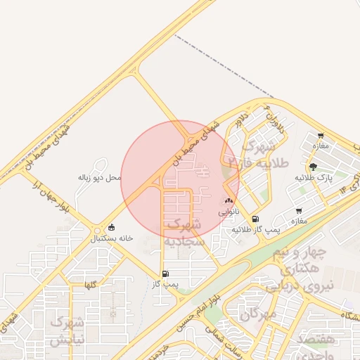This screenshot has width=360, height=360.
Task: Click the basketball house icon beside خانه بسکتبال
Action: [x=111, y=228]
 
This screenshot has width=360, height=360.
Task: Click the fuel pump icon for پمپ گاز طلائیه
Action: [x=255, y=219]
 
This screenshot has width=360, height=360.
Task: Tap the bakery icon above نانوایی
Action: [x=229, y=201]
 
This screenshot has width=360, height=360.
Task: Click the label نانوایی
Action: [x=229, y=211]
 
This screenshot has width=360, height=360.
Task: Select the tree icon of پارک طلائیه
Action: [x=312, y=167]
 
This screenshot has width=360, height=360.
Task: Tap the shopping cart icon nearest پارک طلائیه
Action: [x=321, y=136]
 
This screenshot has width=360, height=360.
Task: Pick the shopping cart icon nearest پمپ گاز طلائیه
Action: [x=299, y=211]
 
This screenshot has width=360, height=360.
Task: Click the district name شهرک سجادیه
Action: [x=184, y=232]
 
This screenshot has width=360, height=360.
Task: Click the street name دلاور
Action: [x=243, y=120]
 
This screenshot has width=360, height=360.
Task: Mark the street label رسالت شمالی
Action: [x=214, y=334]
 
